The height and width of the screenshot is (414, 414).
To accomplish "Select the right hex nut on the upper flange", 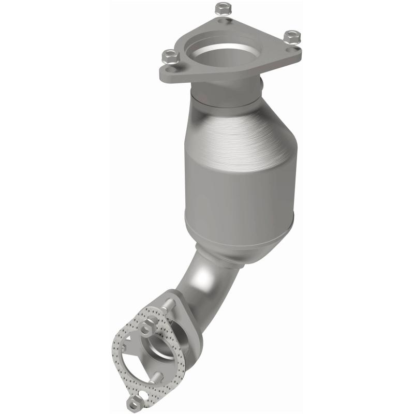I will click(x=292, y=37).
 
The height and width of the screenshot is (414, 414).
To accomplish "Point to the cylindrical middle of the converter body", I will click(x=238, y=181).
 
